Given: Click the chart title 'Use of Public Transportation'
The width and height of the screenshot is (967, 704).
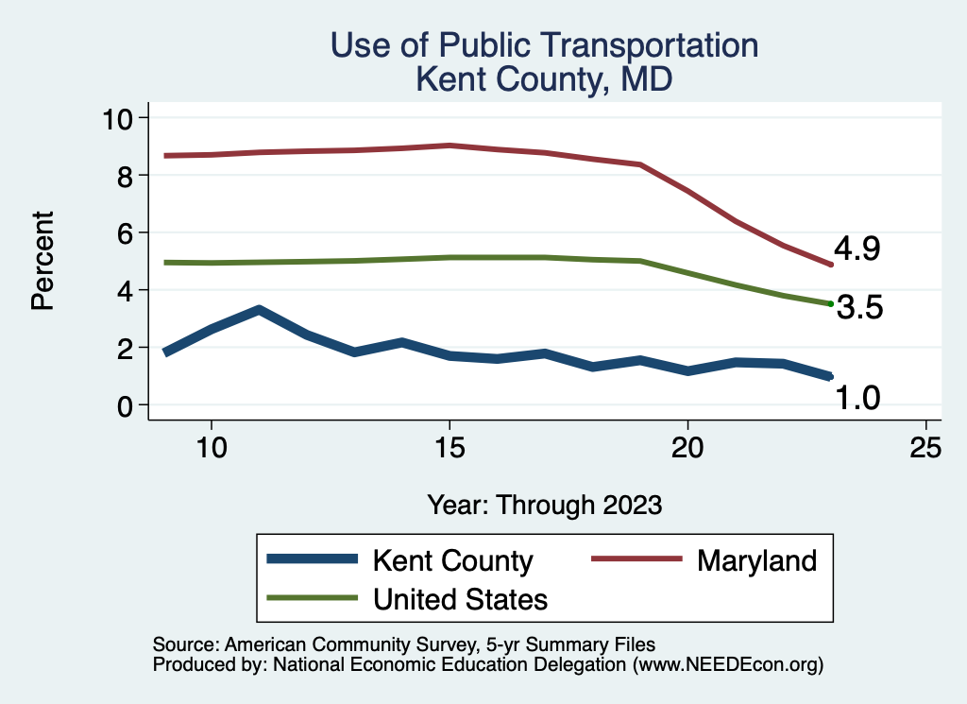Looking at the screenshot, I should coord(545,45).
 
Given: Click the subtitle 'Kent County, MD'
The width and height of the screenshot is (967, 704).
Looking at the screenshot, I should coord(545,78).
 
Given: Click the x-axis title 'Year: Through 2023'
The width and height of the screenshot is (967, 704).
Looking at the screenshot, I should coord(544,504).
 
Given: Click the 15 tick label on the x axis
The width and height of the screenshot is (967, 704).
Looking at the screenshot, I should coord(450,447).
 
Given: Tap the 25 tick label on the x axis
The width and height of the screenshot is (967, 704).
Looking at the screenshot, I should coord(925,447).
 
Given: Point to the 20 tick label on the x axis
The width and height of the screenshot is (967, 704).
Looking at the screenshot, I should coord(687,447).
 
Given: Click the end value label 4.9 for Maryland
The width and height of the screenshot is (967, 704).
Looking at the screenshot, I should coord(857,249).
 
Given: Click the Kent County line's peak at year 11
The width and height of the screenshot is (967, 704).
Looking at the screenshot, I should coord(259,310).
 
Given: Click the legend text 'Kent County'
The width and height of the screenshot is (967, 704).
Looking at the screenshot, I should coord(453,560).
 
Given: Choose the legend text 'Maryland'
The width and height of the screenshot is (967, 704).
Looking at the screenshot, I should coord(756,560).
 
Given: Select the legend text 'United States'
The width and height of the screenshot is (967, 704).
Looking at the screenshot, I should coord(461,598).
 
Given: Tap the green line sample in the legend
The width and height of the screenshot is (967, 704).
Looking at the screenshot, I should coord(313,598).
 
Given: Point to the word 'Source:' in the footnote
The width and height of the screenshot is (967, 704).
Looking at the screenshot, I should coord(185,644).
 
